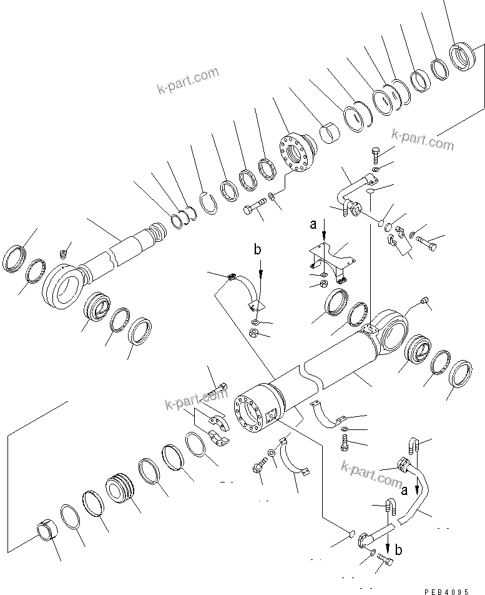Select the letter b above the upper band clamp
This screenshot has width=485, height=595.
[x=257, y=250]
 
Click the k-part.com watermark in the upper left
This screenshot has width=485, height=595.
[x=188, y=82]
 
